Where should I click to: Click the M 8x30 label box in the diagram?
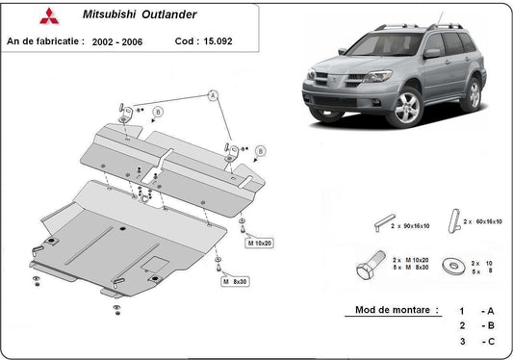click(x=235, y=281)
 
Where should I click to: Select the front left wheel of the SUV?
click(x=407, y=108)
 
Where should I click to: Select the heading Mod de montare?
click(x=391, y=311)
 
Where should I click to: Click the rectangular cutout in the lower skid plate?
click(x=152, y=258)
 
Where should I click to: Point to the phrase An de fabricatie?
click(x=44, y=42)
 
